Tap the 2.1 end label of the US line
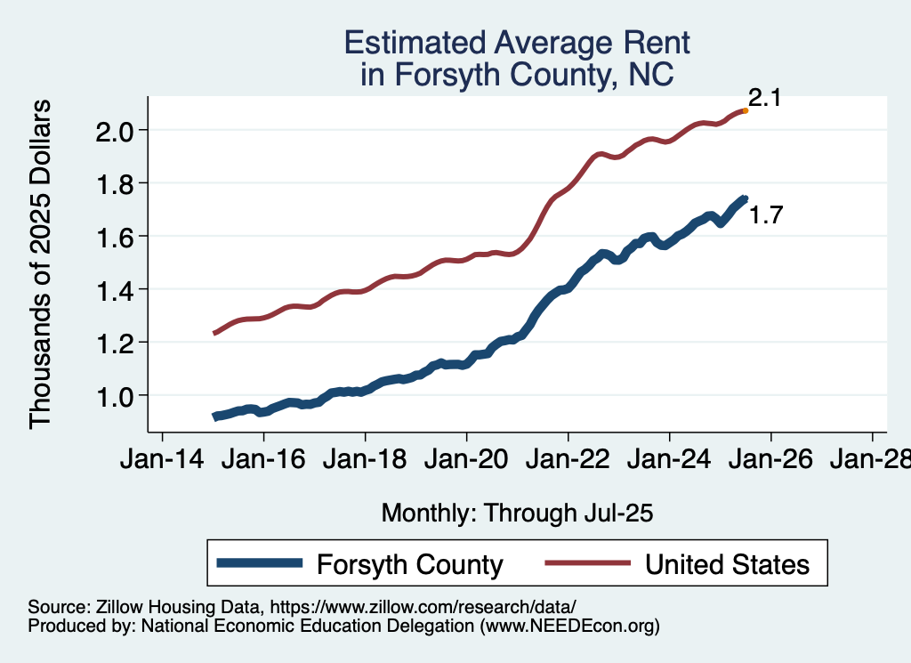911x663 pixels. (764, 98)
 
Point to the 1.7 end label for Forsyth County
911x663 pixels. (765, 214)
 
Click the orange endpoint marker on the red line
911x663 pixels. (745, 110)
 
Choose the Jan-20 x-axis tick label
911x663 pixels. (466, 461)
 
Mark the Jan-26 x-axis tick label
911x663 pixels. (770, 461)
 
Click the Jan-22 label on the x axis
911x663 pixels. (568, 461)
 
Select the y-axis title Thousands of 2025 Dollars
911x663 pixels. (42, 263)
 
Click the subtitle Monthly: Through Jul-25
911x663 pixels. (517, 513)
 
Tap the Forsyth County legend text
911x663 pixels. (410, 564)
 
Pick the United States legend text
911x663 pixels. (727, 564)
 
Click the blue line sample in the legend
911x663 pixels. (261, 564)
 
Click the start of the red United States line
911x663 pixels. (214, 333)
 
